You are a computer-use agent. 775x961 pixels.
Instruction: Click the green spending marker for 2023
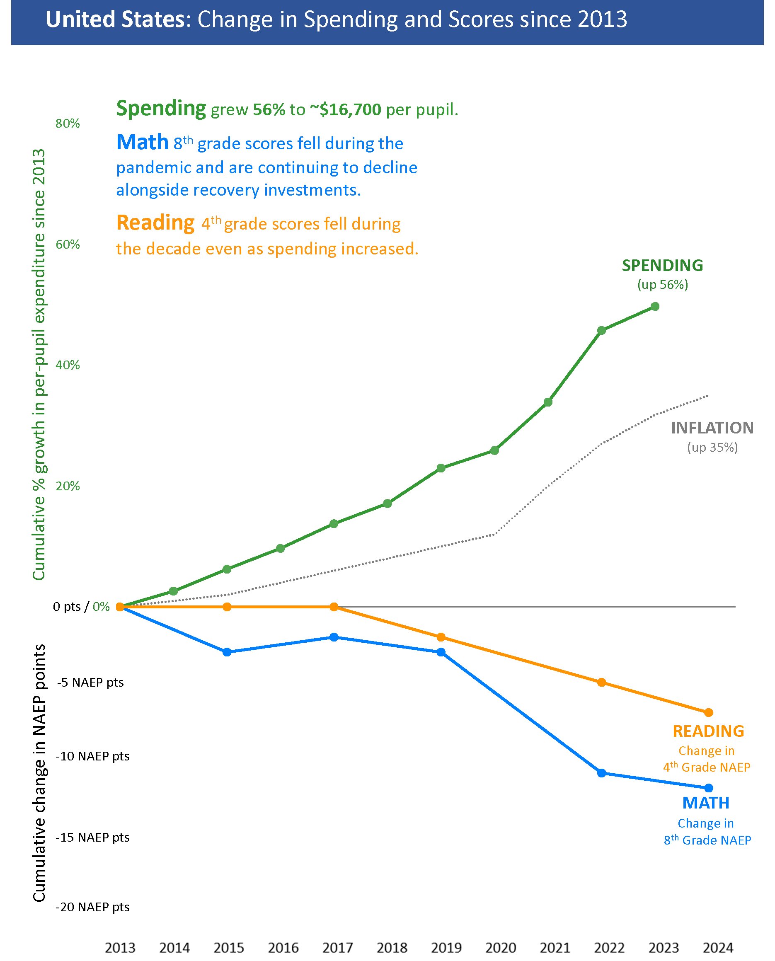(x=655, y=306)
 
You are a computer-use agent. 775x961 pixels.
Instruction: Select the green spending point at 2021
(x=548, y=402)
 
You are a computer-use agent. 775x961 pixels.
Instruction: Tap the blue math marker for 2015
(x=227, y=652)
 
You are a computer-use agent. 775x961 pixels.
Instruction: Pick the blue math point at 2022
(x=601, y=772)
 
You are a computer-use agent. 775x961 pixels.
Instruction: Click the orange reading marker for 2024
(x=708, y=712)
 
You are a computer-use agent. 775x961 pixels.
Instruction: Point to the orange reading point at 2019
(x=441, y=637)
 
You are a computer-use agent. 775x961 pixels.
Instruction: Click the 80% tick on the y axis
(x=68, y=123)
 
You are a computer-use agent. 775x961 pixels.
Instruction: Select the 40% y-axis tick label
(x=68, y=365)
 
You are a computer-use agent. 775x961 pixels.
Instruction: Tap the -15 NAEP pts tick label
(x=92, y=838)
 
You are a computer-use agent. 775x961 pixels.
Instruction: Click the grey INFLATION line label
(x=712, y=428)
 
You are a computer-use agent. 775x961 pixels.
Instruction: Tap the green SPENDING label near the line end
(x=663, y=266)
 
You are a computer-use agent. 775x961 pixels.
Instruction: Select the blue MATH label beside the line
(x=706, y=803)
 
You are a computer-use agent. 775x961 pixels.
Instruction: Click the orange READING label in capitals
(x=708, y=731)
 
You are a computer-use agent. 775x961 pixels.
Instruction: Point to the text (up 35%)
(x=712, y=447)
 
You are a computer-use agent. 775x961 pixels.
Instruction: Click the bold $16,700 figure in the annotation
(x=346, y=110)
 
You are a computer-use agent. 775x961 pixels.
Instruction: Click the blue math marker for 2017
(x=334, y=637)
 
